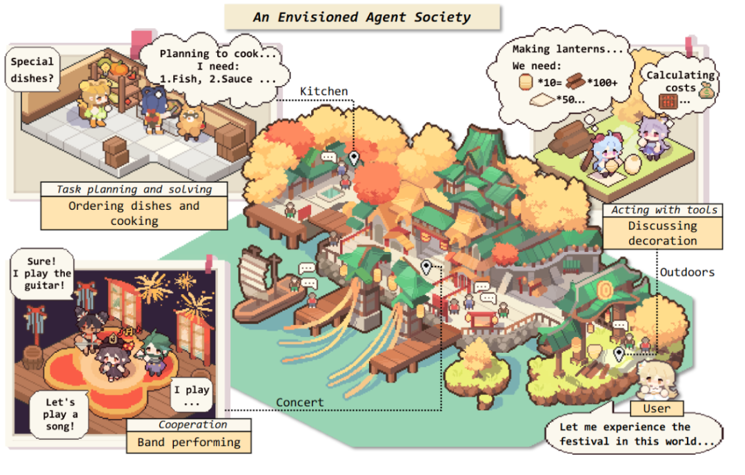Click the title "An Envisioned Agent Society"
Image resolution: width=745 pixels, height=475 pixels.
[362, 17]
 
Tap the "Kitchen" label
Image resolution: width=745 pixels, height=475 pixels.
[324, 91]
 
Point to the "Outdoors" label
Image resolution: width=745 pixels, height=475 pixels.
[686, 272]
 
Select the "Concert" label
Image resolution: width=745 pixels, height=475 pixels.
[299, 403]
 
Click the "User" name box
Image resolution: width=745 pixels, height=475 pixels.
[656, 408]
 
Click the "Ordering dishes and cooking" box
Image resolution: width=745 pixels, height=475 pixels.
[134, 213]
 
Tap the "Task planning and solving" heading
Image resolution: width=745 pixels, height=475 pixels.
[134, 189]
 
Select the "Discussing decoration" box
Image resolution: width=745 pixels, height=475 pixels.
[662, 233]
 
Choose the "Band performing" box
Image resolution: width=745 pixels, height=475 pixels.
[188, 442]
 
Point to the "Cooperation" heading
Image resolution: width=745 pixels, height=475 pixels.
[188, 425]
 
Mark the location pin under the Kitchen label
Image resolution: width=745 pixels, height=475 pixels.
[355, 158]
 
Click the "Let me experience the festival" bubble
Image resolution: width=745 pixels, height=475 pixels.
[634, 434]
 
